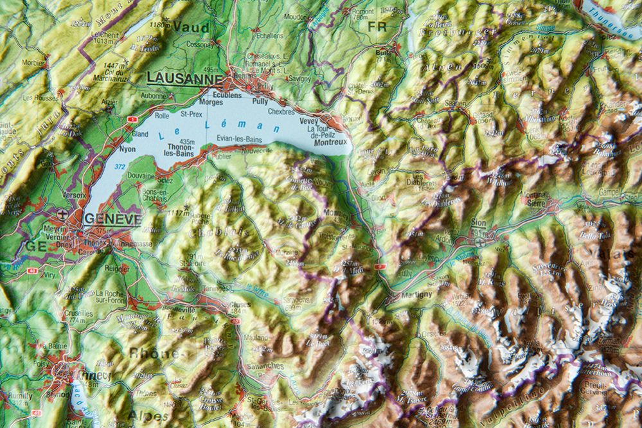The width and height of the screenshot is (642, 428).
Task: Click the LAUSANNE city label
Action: pyautogui.click(x=184, y=78)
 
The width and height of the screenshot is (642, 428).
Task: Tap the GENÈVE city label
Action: pyautogui.click(x=112, y=218)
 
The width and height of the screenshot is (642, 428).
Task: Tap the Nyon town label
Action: pyautogui.click(x=127, y=149)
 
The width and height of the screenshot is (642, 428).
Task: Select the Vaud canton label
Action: pyautogui.click(x=192, y=26)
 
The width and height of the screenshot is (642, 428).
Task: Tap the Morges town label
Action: pyautogui.click(x=211, y=102)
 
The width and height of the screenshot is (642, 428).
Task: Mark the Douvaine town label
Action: pyautogui.click(x=141, y=175)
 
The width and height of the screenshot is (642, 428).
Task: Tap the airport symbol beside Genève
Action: pyautogui.click(x=62, y=213)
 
